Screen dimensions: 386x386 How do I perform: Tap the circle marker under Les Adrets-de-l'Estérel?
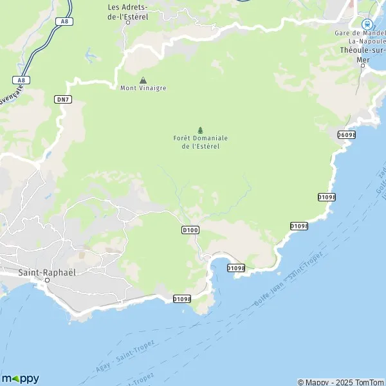click(x=127, y=22)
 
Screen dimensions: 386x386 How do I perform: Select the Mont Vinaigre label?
click(x=142, y=87)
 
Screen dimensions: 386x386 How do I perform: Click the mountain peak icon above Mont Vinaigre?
click(x=143, y=80)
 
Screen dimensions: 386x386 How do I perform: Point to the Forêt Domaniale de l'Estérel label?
click(x=200, y=142)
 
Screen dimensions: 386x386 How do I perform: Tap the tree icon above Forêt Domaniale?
click(x=200, y=129)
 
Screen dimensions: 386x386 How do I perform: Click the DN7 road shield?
click(x=62, y=98)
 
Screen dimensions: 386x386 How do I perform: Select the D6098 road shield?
click(x=346, y=134)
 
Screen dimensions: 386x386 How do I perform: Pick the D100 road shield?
click(x=190, y=230)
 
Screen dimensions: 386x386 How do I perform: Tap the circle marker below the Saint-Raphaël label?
click(x=47, y=280)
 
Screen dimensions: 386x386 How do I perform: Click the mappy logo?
click(x=20, y=378)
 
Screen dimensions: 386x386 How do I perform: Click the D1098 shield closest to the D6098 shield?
click(x=327, y=197)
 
